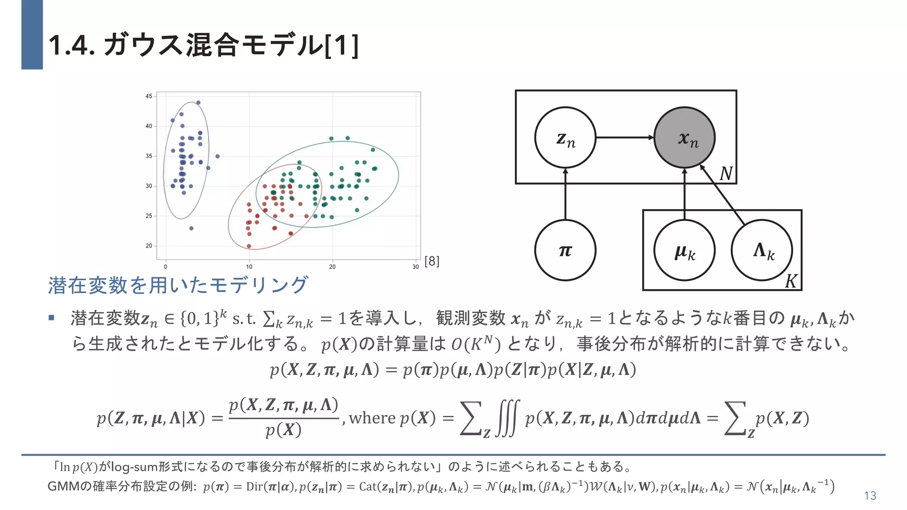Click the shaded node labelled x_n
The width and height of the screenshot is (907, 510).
684,138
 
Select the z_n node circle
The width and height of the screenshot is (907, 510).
565,138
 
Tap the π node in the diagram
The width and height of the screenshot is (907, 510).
565,250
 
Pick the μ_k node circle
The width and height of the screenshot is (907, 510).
684,250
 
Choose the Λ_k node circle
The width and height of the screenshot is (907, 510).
762,250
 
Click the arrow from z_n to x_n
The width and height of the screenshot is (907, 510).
624,138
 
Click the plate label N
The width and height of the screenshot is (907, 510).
726,174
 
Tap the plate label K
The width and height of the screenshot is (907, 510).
791,281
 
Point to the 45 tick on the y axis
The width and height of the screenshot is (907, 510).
149,96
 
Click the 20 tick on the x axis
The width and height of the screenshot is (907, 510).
332,267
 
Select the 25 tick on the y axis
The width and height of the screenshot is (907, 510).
149,216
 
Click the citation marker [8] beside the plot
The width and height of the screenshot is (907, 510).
432,261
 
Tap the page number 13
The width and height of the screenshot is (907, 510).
870,496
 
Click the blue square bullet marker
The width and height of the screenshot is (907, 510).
51,318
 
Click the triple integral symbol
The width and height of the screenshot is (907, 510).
507,418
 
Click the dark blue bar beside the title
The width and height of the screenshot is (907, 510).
32,35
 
